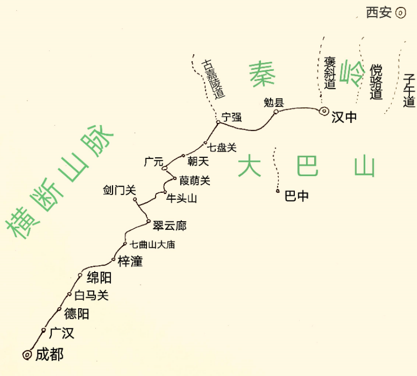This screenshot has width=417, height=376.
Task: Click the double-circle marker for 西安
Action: coord(400,13)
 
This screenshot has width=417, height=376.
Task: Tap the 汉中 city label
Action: coord(344,117)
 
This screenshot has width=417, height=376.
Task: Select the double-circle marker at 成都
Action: coord(27,355)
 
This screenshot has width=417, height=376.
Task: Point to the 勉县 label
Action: coord(274,102)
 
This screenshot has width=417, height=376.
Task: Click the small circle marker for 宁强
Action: coord(218,122)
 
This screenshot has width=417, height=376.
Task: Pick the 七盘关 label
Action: coord(222,148)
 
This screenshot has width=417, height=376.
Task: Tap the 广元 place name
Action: coord(154,161)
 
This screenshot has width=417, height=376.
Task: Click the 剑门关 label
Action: coord(120,190)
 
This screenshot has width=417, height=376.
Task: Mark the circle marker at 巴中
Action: coord(278,191)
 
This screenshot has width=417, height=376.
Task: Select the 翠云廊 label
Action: coord(169,226)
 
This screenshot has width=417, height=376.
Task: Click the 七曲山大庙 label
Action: coord(153,244)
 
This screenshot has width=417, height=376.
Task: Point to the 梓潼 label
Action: coord(130,261)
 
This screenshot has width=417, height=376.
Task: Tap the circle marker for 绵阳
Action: coord(80,275)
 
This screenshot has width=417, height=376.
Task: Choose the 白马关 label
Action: coord(92,295)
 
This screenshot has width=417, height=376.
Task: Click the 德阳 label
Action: coord(77,314)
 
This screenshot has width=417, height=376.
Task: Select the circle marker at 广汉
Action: coord(44,330)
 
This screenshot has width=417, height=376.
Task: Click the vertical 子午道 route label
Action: coord(409,91)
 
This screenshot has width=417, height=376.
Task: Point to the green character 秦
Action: coord(262,73)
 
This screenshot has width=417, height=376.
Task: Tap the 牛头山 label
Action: coord(181,198)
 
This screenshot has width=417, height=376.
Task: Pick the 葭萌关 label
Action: coord(195,181)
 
